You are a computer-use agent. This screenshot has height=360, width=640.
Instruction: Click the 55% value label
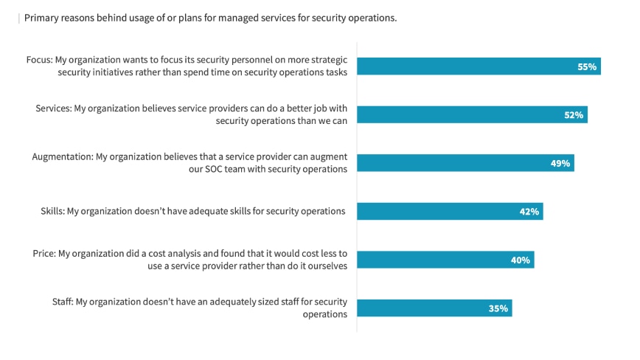[x=586, y=67]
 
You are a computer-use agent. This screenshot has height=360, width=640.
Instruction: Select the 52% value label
[x=574, y=115]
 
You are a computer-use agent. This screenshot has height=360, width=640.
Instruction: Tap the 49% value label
[x=560, y=163]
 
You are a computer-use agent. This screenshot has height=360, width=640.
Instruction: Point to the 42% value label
[x=529, y=212]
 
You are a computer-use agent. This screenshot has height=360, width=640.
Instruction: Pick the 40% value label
[x=521, y=260]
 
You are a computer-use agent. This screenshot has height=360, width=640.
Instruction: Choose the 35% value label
[x=498, y=308]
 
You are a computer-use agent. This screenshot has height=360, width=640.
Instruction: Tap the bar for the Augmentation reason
[x=457, y=163]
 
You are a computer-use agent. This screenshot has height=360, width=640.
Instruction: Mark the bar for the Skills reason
[x=442, y=212]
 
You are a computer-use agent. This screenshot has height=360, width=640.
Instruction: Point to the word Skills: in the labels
[x=52, y=211]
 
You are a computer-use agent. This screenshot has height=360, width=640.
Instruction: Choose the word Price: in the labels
[x=44, y=253]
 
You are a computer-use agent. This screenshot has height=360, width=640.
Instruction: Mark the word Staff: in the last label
[x=63, y=302]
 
